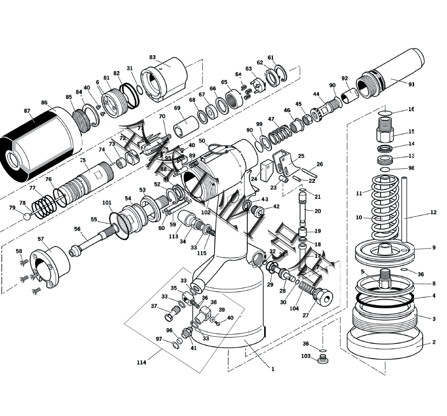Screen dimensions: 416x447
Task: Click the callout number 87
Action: (x=27, y=111)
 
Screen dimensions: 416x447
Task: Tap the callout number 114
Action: (x=142, y=362)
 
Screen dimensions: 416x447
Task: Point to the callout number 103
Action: (x=306, y=356)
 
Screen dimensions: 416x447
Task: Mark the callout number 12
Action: (x=433, y=212)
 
